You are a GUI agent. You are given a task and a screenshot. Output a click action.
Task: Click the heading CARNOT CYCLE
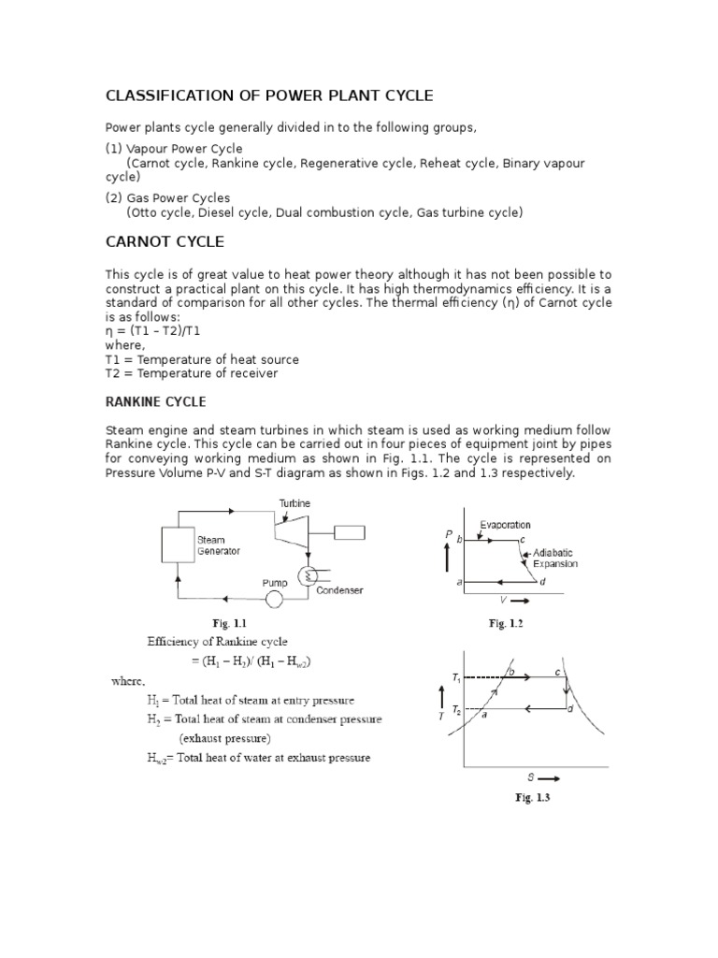(x=164, y=242)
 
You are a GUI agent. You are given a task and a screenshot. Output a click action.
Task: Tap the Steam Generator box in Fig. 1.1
(x=177, y=544)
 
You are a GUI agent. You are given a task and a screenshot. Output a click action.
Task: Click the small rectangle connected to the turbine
(x=347, y=533)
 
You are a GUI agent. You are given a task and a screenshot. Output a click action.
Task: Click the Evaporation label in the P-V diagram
(x=505, y=525)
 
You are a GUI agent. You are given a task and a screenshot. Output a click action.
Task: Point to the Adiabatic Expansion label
(x=554, y=559)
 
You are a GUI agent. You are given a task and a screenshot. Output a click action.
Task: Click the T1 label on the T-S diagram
(x=456, y=676)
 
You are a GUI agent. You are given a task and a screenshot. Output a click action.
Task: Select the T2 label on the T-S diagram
(x=456, y=710)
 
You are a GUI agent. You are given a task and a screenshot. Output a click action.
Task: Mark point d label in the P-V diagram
(x=543, y=583)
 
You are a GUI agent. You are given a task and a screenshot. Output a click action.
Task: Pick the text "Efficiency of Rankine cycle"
(x=217, y=642)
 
